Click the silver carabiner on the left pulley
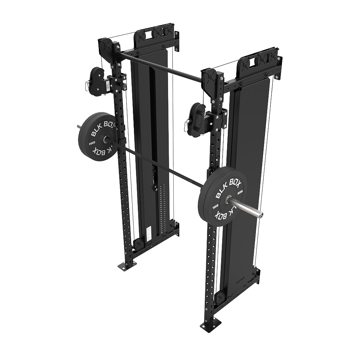(86, 85)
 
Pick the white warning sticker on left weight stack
(149, 233)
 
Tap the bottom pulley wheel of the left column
(139, 243)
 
